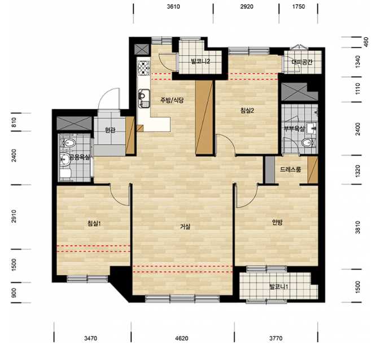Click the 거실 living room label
click(x=185, y=226)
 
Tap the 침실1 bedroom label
click(x=94, y=223)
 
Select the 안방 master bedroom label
click(x=277, y=222)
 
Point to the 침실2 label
click(x=247, y=111)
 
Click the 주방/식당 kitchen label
click(x=172, y=100)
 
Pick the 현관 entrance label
click(x=110, y=130)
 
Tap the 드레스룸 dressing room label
click(x=290, y=170)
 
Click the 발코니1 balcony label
click(x=279, y=287)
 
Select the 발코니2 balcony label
click(x=200, y=61)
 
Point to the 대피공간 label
click(x=302, y=62)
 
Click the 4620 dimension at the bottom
click(x=182, y=338)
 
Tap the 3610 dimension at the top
click(x=173, y=6)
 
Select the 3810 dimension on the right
click(x=357, y=227)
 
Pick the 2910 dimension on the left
click(x=14, y=216)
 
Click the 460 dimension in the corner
click(x=366, y=42)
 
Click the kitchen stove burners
click(x=143, y=68)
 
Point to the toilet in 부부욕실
click(x=308, y=143)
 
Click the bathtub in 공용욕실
click(x=65, y=174)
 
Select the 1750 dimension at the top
click(x=299, y=6)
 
